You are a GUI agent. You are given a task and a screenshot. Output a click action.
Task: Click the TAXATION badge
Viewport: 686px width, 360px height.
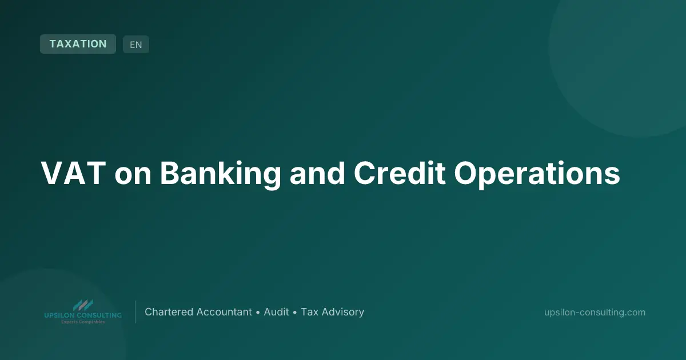(78, 44)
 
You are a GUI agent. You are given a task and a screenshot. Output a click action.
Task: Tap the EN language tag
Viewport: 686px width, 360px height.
(136, 45)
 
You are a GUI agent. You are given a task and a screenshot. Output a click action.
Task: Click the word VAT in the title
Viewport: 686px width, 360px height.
(74, 173)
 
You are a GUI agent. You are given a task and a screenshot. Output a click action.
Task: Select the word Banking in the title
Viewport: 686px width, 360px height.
(220, 174)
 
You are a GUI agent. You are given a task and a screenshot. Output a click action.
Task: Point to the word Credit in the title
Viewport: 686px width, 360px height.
(400, 173)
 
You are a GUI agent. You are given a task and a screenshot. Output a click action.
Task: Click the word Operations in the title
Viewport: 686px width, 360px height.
(537, 174)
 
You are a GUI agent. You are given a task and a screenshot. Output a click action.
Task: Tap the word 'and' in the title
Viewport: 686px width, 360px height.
(317, 173)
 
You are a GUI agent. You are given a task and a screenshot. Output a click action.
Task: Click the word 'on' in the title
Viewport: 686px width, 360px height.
(133, 177)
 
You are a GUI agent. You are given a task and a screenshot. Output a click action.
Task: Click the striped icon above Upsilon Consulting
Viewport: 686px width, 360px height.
(83, 305)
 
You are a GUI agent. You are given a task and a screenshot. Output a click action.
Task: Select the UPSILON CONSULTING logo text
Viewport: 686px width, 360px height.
(83, 315)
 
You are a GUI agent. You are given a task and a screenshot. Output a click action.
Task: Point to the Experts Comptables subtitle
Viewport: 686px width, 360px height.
(83, 322)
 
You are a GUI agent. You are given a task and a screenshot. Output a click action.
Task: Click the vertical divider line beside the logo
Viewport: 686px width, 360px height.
(135, 312)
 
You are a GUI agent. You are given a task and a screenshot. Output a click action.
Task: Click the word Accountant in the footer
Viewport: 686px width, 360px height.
(224, 312)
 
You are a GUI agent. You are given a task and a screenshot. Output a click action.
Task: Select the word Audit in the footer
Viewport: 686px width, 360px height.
(276, 312)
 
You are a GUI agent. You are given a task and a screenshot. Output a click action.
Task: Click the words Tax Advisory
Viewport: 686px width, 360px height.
(333, 312)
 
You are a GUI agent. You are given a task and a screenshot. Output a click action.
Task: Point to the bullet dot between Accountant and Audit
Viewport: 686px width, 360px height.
(258, 313)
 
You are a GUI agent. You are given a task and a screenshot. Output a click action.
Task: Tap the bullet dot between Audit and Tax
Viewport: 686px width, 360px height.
(295, 313)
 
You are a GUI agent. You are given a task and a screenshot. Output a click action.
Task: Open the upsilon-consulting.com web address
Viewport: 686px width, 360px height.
(595, 313)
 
